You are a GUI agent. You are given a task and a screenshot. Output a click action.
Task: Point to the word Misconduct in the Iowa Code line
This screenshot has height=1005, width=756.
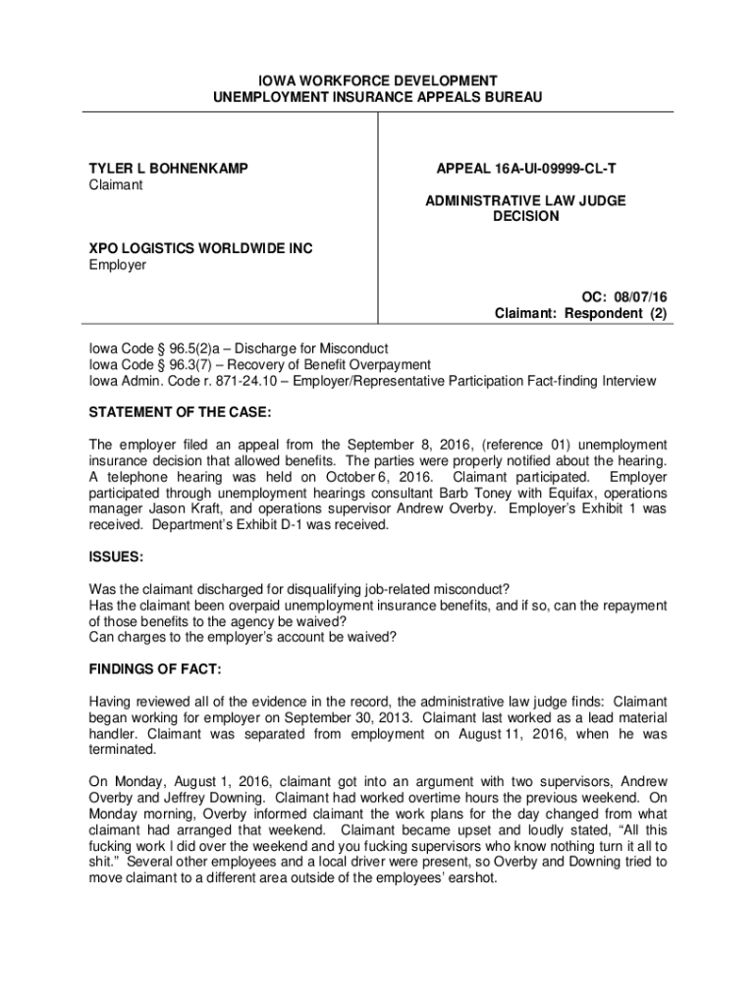(350, 348)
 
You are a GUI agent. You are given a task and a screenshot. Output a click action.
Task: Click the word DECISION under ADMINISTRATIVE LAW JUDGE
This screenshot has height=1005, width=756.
(525, 216)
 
